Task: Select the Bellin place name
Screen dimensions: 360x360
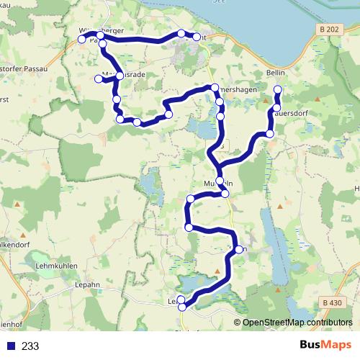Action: (276, 74)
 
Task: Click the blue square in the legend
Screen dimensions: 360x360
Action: (11, 345)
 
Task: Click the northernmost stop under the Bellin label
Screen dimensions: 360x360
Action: (278, 89)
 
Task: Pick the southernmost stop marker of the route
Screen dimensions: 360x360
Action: (182, 307)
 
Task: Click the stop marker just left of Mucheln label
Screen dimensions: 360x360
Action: (219, 182)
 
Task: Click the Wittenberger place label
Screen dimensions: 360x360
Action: (102, 30)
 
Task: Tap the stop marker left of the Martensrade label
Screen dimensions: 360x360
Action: (99, 78)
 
